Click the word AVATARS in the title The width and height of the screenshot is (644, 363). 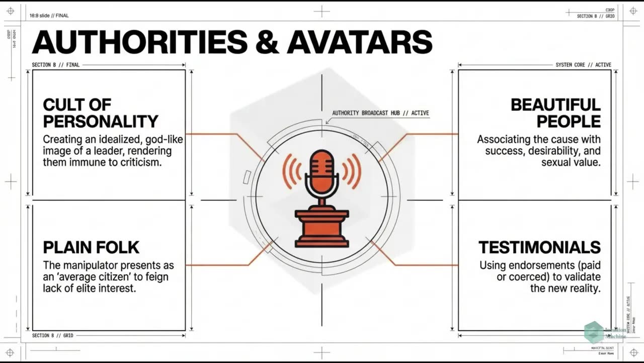pyautogui.click(x=359, y=42)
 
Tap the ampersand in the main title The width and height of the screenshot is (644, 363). pyautogui.click(x=266, y=42)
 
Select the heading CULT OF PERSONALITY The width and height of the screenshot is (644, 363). pyautogui.click(x=101, y=113)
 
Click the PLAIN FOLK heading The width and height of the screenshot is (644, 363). pyautogui.click(x=91, y=247)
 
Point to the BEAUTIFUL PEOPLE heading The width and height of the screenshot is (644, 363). pyautogui.click(x=555, y=113)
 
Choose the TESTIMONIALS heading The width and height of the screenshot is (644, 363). pyautogui.click(x=539, y=247)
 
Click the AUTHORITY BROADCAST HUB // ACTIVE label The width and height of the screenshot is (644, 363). pyautogui.click(x=381, y=113)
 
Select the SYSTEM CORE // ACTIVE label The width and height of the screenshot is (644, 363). pyautogui.click(x=583, y=65)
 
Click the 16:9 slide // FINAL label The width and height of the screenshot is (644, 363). pyautogui.click(x=49, y=16)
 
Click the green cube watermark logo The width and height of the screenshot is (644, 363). pyautogui.click(x=594, y=332)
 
